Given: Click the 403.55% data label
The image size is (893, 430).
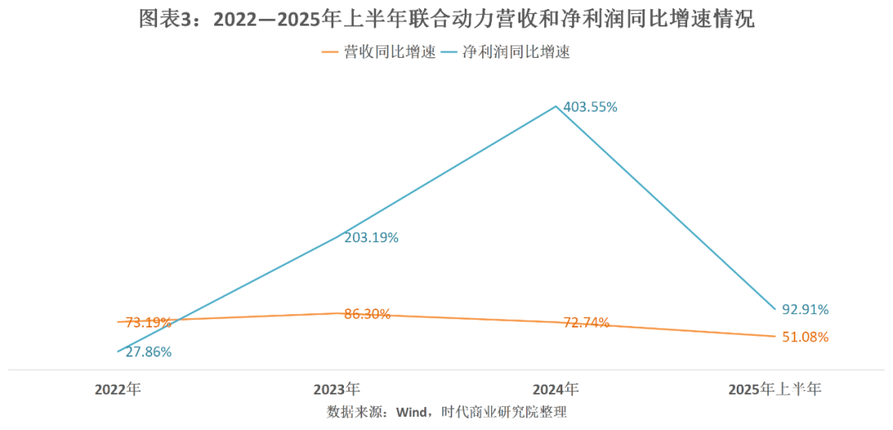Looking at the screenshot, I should pyautogui.click(x=590, y=107).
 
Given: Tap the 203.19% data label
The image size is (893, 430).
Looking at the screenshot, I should pyautogui.click(x=371, y=237).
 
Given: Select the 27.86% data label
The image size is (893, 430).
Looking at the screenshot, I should pyautogui.click(x=145, y=351).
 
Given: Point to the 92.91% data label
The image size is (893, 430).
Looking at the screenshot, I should pyautogui.click(x=805, y=310).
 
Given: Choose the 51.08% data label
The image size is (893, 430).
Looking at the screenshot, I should pyautogui.click(x=805, y=337).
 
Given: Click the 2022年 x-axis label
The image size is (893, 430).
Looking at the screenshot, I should pyautogui.click(x=118, y=389).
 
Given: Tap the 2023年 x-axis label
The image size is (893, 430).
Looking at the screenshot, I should pyautogui.click(x=337, y=389).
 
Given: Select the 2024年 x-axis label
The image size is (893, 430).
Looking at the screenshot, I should pyautogui.click(x=556, y=389).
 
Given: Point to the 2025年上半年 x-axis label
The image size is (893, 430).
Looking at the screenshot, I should pyautogui.click(x=775, y=389).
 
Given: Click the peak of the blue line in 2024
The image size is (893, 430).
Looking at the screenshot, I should pyautogui.click(x=556, y=106).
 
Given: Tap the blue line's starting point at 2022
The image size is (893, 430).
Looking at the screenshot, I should pyautogui.click(x=118, y=352).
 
